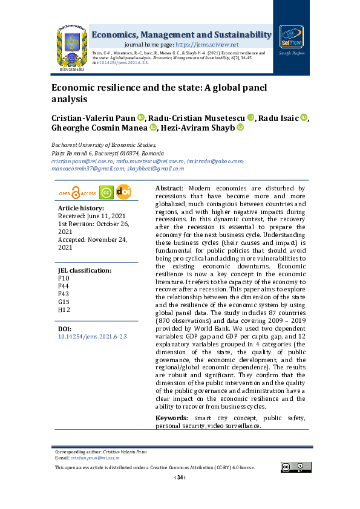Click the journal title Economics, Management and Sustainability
(x=181, y=35)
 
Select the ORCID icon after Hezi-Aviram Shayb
(x=240, y=128)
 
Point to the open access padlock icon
(x=76, y=193)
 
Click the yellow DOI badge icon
(x=123, y=192)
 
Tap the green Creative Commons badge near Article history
(x=106, y=193)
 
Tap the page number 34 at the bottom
(x=180, y=478)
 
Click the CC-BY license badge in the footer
(x=293, y=467)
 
